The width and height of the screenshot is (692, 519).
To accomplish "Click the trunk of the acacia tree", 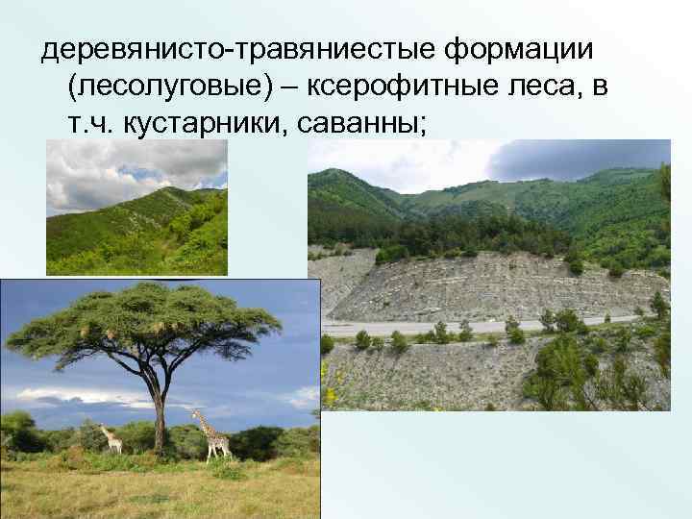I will pyautogui.click(x=155, y=404).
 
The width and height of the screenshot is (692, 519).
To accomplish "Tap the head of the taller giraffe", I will pyautogui.click(x=195, y=414).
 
